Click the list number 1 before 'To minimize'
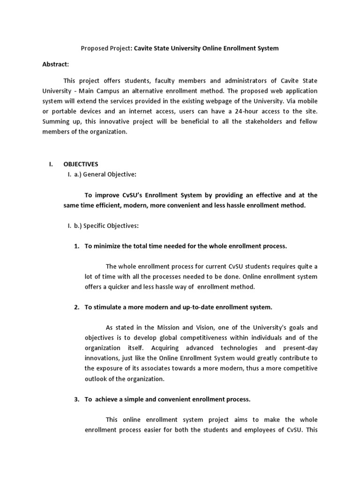76,246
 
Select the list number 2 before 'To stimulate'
76,307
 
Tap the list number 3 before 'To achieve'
76,399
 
